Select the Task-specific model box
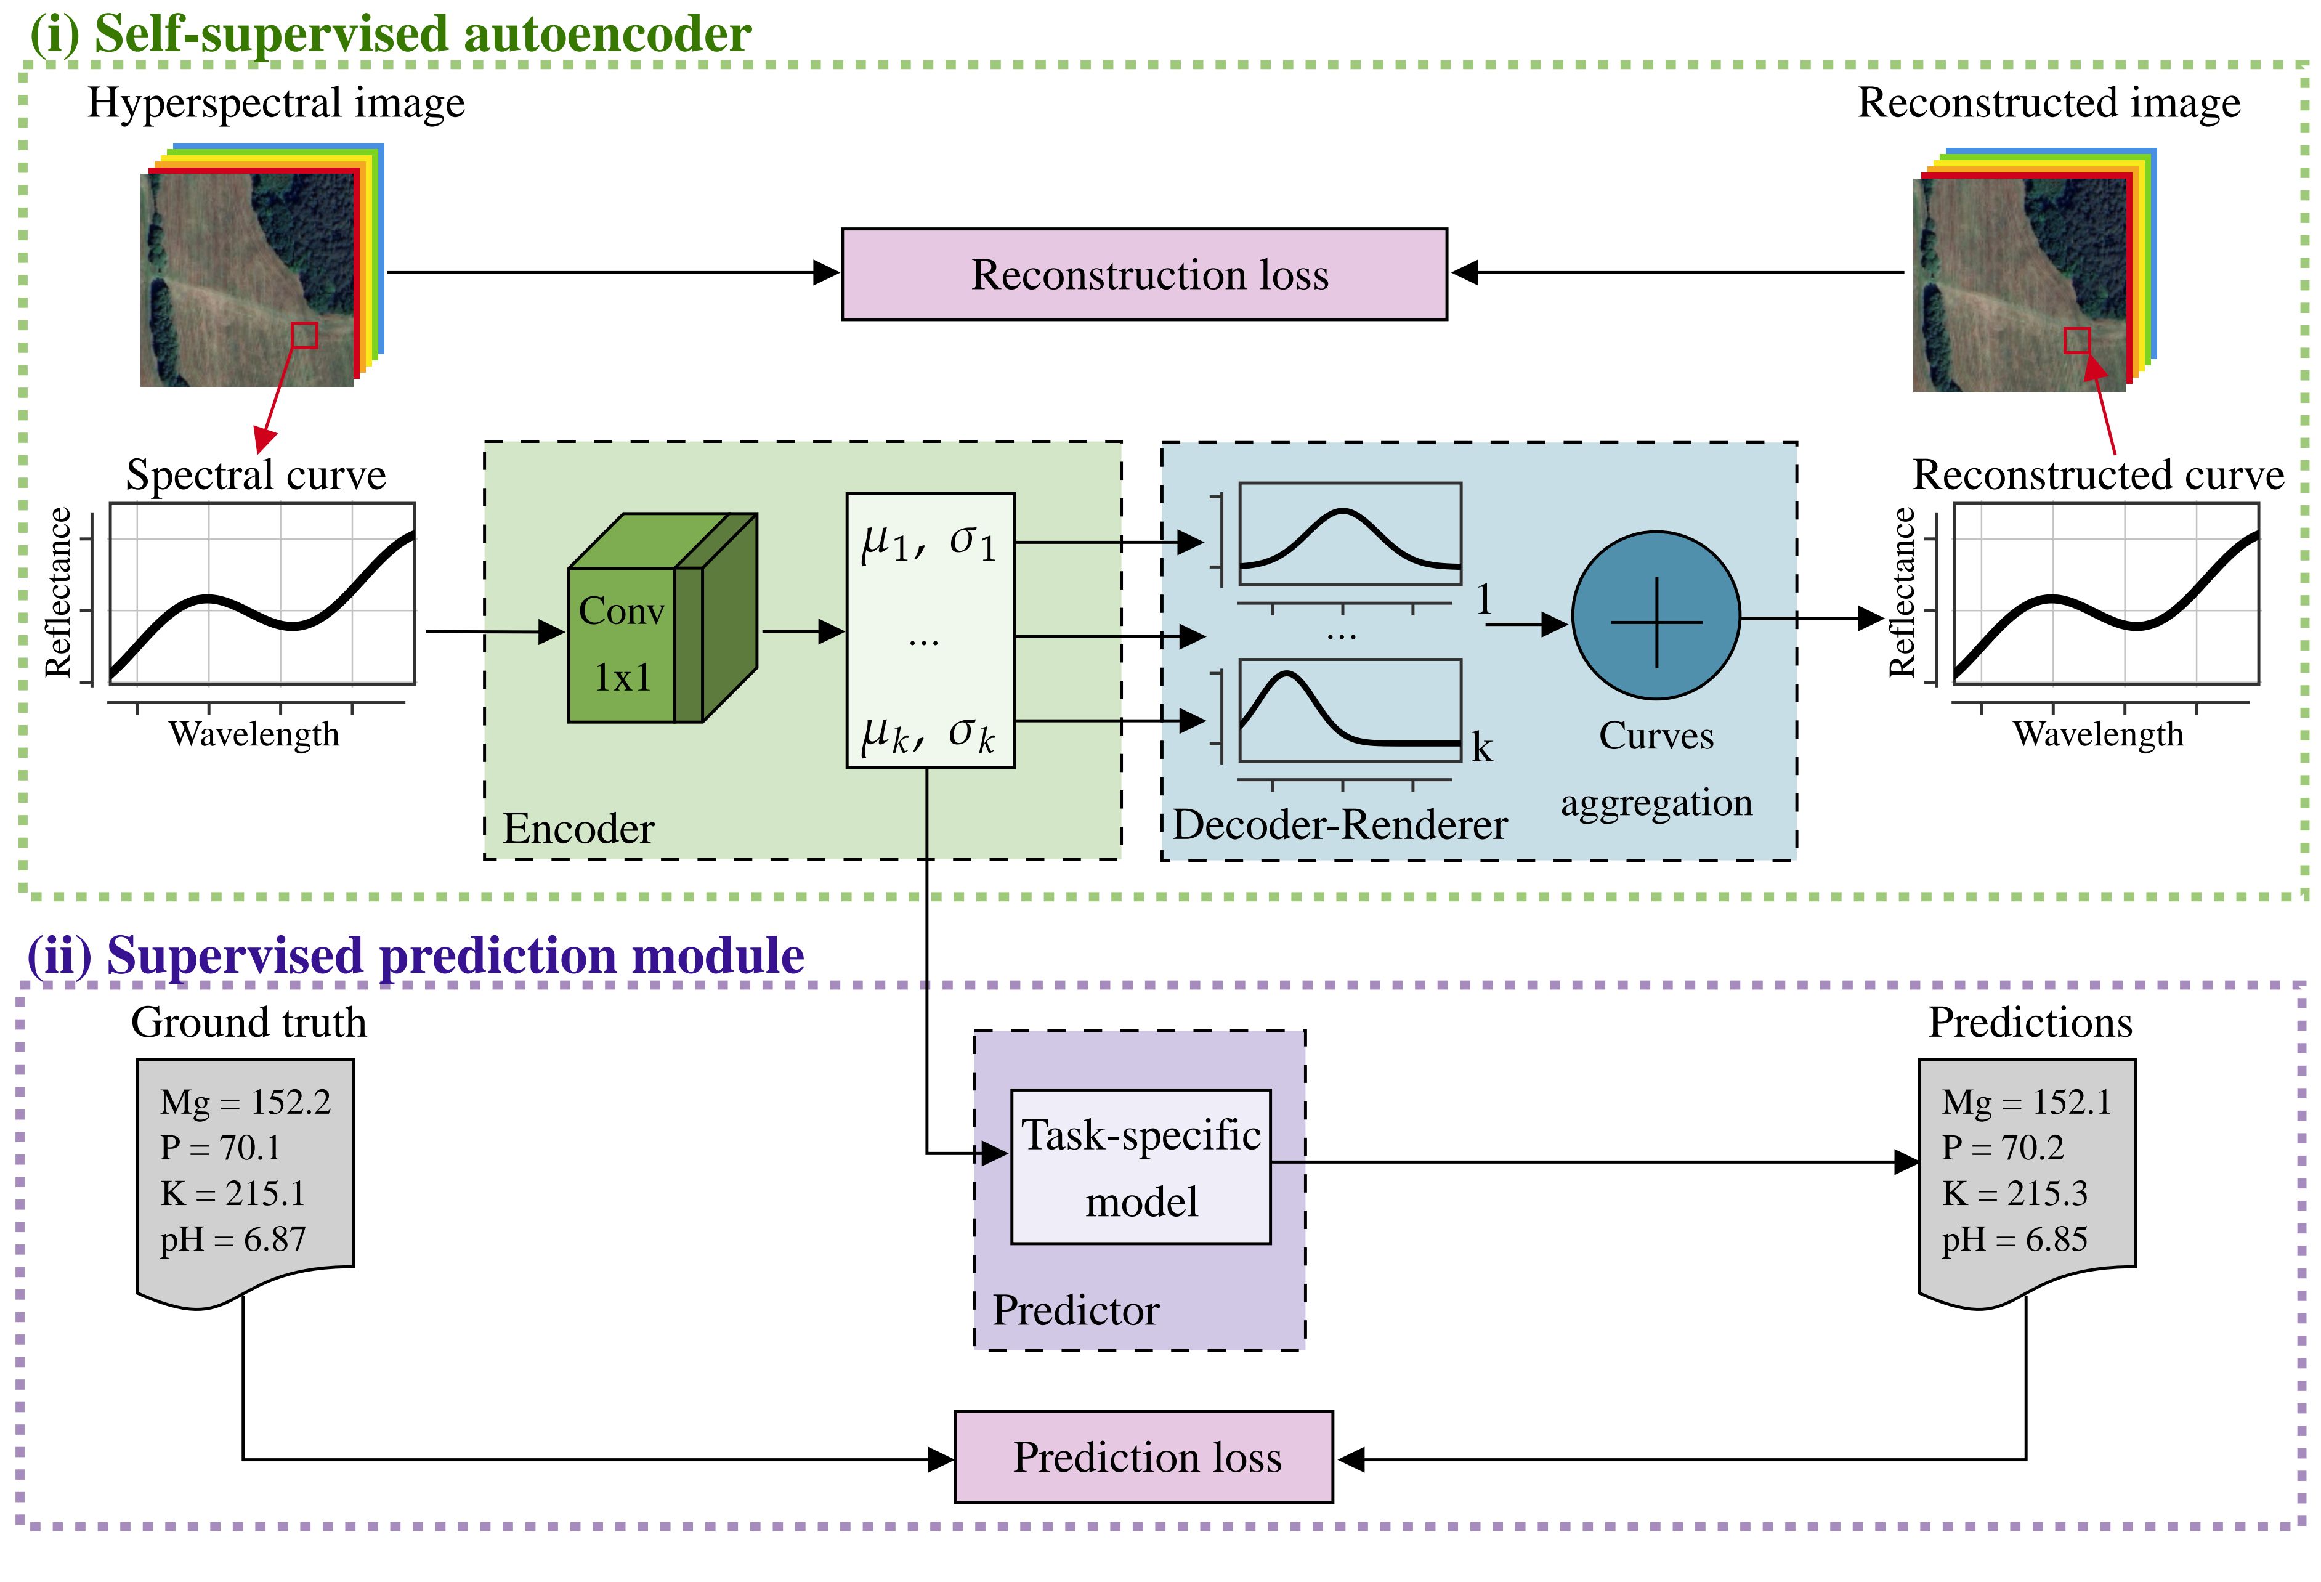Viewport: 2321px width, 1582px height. pos(1141,1167)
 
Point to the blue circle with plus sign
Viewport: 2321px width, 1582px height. pos(1656,615)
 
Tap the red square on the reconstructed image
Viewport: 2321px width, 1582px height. pos(2076,341)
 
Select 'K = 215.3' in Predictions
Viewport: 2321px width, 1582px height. pos(2014,1193)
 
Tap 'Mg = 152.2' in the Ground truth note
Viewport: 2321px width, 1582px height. pos(245,1101)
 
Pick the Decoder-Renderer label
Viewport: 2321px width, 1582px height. pos(1339,825)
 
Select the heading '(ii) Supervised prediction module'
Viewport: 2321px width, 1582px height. pos(415,956)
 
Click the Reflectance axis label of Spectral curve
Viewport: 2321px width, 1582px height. pos(59,592)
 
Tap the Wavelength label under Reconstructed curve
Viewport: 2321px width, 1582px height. pos(2097,734)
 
